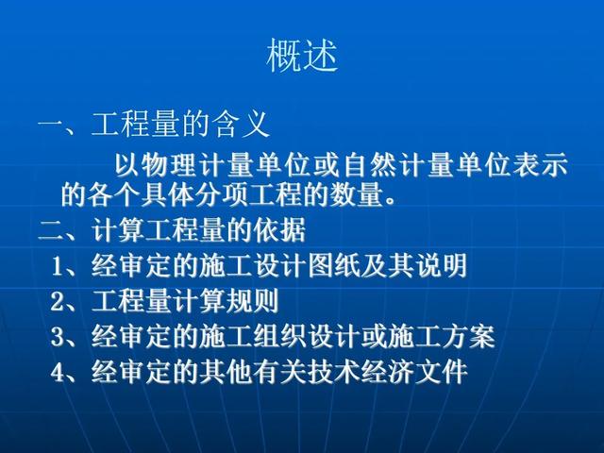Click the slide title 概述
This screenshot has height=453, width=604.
302,56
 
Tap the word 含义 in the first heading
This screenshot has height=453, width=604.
242,125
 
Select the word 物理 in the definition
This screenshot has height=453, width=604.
169,166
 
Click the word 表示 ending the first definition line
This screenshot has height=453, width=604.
541,166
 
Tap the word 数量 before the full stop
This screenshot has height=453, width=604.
356,195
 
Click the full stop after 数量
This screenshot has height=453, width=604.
390,201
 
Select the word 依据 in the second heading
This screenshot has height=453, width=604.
279,229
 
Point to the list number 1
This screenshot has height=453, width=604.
58,266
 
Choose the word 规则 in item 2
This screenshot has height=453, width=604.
252,301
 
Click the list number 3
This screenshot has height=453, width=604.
57,337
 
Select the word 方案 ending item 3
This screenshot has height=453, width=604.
468,336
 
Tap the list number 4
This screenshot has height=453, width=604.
57,373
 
